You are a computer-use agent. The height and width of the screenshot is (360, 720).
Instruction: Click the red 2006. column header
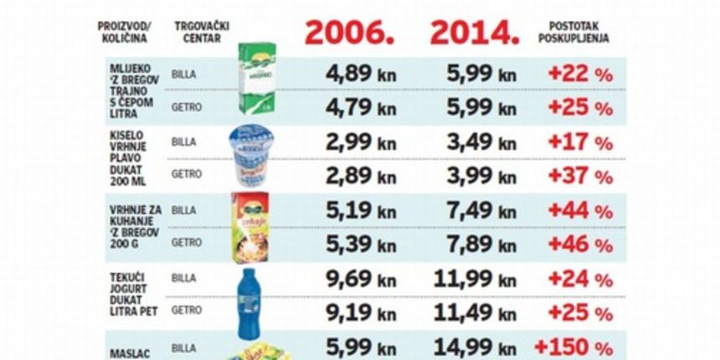pyautogui.click(x=348, y=32)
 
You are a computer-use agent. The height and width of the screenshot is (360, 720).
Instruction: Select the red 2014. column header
pyautogui.click(x=475, y=32)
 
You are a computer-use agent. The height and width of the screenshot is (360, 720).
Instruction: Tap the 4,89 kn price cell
pyautogui.click(x=361, y=74)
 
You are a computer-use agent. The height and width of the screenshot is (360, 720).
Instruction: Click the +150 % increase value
pyautogui.click(x=574, y=345)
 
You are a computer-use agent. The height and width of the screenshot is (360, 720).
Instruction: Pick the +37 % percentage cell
pyautogui.click(x=580, y=176)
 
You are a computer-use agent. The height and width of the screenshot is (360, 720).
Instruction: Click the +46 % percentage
pyautogui.click(x=580, y=244)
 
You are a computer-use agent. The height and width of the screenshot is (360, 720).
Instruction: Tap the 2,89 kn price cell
pyautogui.click(x=361, y=176)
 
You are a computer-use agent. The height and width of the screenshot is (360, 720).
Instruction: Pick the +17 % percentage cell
pyautogui.click(x=580, y=142)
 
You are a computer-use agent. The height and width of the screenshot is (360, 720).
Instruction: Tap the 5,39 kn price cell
pyautogui.click(x=361, y=244)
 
